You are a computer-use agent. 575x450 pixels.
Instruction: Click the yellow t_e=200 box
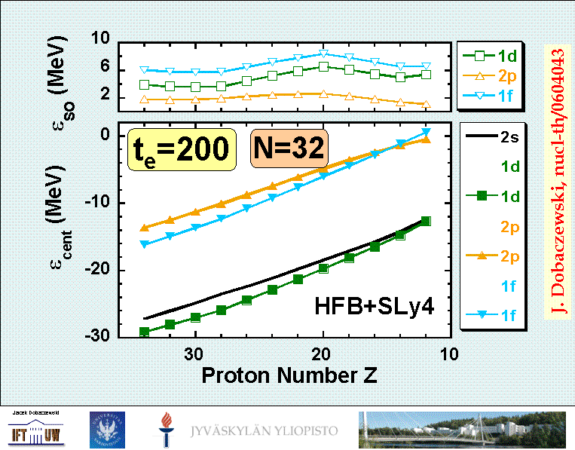tap(179, 148)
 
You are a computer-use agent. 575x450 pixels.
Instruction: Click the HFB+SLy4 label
tap(375, 306)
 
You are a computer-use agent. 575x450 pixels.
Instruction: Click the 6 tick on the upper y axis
tap(105, 69)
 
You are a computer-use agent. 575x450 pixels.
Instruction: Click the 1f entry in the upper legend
tap(494, 95)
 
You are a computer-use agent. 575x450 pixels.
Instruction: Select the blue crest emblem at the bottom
tap(106, 429)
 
